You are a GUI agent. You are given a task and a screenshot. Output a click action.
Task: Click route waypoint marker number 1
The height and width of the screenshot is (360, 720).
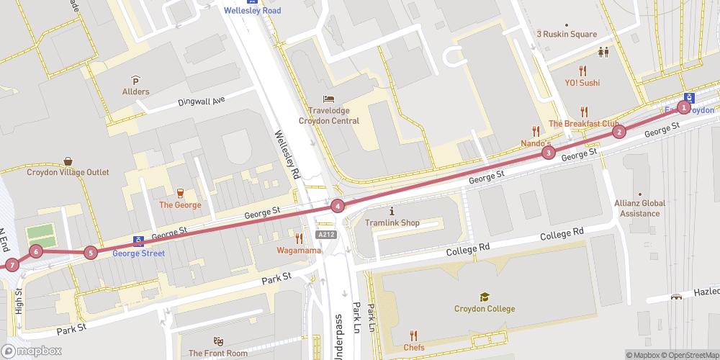point(685,107)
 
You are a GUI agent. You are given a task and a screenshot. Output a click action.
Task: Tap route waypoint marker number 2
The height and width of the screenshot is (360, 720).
point(618,132)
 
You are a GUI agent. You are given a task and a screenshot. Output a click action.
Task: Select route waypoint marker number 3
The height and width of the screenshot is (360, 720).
point(549,152)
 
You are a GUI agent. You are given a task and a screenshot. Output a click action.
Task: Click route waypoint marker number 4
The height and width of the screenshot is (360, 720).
point(337,207)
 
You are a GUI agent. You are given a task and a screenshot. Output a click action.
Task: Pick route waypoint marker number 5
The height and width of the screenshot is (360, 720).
point(90,252)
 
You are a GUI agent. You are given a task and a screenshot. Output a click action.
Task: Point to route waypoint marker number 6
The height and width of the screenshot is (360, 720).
point(36,251)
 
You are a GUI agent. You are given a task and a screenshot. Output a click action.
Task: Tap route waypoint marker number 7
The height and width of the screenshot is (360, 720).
point(12,265)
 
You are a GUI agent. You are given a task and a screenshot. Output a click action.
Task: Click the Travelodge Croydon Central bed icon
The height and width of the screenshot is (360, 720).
point(329,99)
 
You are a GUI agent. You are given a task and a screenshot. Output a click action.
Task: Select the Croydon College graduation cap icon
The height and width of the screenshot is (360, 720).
point(485,297)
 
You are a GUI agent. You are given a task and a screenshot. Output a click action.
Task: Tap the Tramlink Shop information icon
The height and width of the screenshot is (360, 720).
point(392,211)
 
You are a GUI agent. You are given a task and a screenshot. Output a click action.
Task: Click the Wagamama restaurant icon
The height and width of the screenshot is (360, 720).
point(298,238)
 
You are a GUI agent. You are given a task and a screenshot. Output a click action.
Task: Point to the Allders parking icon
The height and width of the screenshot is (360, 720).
point(135,80)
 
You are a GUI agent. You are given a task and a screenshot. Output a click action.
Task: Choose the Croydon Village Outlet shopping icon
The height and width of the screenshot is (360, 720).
point(68,161)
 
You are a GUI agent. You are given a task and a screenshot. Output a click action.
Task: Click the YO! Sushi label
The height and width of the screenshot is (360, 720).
point(582,83)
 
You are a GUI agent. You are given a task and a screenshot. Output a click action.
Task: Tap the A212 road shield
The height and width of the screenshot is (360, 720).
point(325,235)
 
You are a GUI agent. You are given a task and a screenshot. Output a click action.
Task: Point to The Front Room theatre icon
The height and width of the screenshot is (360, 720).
point(218,341)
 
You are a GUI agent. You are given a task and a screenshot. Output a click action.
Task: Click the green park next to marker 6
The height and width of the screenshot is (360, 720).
point(40,233)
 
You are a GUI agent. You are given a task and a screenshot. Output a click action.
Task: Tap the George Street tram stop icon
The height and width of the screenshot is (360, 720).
point(138,241)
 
